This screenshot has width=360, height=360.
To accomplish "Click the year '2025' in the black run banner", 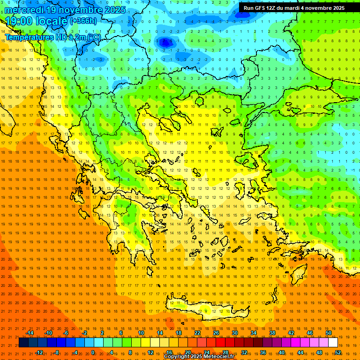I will point(337,8).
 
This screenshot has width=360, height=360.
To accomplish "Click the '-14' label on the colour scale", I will point(30,333).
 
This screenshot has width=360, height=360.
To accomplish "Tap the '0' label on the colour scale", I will point(92,352).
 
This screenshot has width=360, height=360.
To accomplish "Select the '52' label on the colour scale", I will point(338,352).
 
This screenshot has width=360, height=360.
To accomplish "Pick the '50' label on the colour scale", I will point(328,333).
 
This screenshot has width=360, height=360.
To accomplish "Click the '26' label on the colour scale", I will point(216,333).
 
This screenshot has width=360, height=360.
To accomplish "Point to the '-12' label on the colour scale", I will point(39,352).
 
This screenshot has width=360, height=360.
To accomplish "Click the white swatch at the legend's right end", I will point(333,343).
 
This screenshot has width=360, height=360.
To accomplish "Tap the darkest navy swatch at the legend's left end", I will point(23,343).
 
